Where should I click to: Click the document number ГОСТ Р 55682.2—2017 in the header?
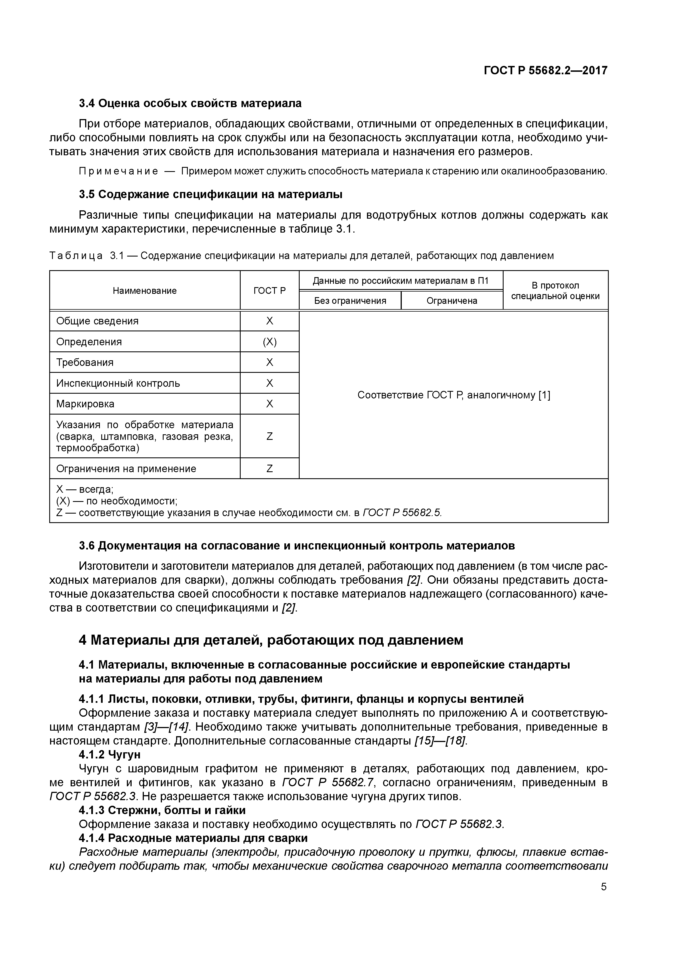point(545,70)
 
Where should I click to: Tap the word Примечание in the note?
point(119,171)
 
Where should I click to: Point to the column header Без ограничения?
point(350,301)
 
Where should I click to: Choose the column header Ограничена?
point(452,301)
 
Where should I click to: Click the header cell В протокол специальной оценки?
point(555,291)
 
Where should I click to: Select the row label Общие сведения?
point(97,321)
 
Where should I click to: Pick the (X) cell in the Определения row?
point(270,342)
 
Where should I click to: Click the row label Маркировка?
point(85,404)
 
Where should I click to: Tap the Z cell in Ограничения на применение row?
point(270,469)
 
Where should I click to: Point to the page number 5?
point(604,887)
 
